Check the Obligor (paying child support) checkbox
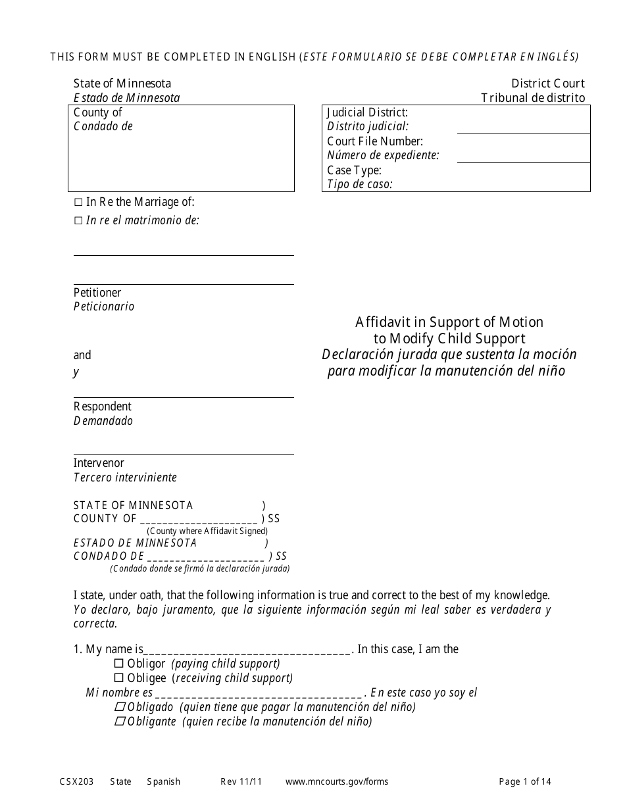[119, 664]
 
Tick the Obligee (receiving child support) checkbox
[119, 678]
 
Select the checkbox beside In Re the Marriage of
[78, 203]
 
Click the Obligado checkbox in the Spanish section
[120, 707]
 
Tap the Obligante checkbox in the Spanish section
[120, 722]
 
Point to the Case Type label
[354, 170]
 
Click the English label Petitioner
[97, 293]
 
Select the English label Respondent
[102, 406]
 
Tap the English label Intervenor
[99, 463]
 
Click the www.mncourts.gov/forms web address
[337, 782]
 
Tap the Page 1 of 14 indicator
[525, 782]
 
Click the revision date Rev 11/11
[241, 782]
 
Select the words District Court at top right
[547, 84]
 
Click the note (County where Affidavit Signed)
[207, 531]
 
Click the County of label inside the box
[97, 112]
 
